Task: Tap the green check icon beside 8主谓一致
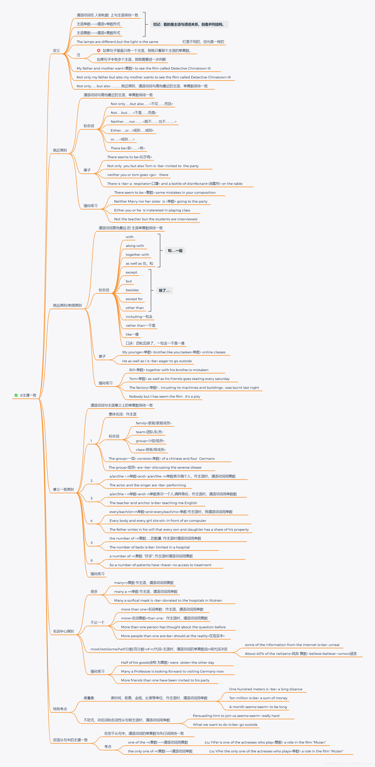[x=16, y=395]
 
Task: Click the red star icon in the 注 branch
[x=99, y=51]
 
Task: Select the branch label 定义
[x=56, y=51]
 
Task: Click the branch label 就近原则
[x=60, y=150]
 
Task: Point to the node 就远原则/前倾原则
[x=67, y=305]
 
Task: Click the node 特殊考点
[x=60, y=709]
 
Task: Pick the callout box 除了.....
[x=164, y=290]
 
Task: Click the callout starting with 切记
[x=189, y=24]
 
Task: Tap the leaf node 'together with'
[x=137, y=255]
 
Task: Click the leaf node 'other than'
[x=135, y=308]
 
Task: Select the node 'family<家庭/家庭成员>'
[x=153, y=423]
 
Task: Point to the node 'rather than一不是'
[x=140, y=325]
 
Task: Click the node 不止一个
[x=97, y=622]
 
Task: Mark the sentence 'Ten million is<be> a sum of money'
[x=258, y=698]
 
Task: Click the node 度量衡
[x=89, y=698]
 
